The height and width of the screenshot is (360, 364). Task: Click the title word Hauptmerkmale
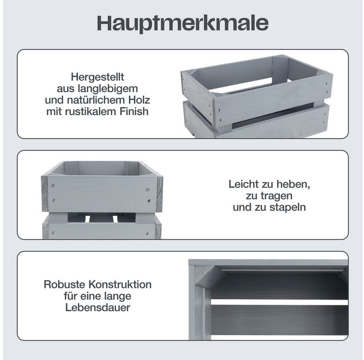(x=182, y=23)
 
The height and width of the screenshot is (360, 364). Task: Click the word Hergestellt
(x=97, y=77)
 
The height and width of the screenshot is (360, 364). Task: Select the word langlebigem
(x=108, y=88)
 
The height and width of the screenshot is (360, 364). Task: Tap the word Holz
(x=139, y=100)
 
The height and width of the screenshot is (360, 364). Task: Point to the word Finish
(x=134, y=111)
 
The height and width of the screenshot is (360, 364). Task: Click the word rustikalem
(x=90, y=111)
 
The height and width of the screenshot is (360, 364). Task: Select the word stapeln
(x=288, y=207)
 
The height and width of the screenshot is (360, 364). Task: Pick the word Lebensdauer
(x=98, y=307)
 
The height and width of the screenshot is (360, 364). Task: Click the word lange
(x=118, y=296)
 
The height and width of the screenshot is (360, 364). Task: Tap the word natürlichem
(x=96, y=100)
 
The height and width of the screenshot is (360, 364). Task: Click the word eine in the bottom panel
(x=90, y=296)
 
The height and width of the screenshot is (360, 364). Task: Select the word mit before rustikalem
(x=54, y=111)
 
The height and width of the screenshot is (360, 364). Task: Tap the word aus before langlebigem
(x=66, y=89)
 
